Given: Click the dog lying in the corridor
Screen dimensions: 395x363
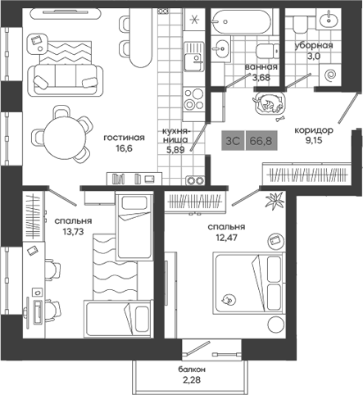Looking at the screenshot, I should point(268,104).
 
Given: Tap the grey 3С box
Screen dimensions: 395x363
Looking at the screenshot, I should point(232,141).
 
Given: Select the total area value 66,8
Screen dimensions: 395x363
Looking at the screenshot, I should point(260,141).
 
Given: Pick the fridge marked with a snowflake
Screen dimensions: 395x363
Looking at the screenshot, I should point(193,20).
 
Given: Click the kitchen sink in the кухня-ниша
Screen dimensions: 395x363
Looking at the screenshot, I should point(193,58).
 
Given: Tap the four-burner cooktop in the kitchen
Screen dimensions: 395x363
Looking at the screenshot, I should point(193,98).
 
